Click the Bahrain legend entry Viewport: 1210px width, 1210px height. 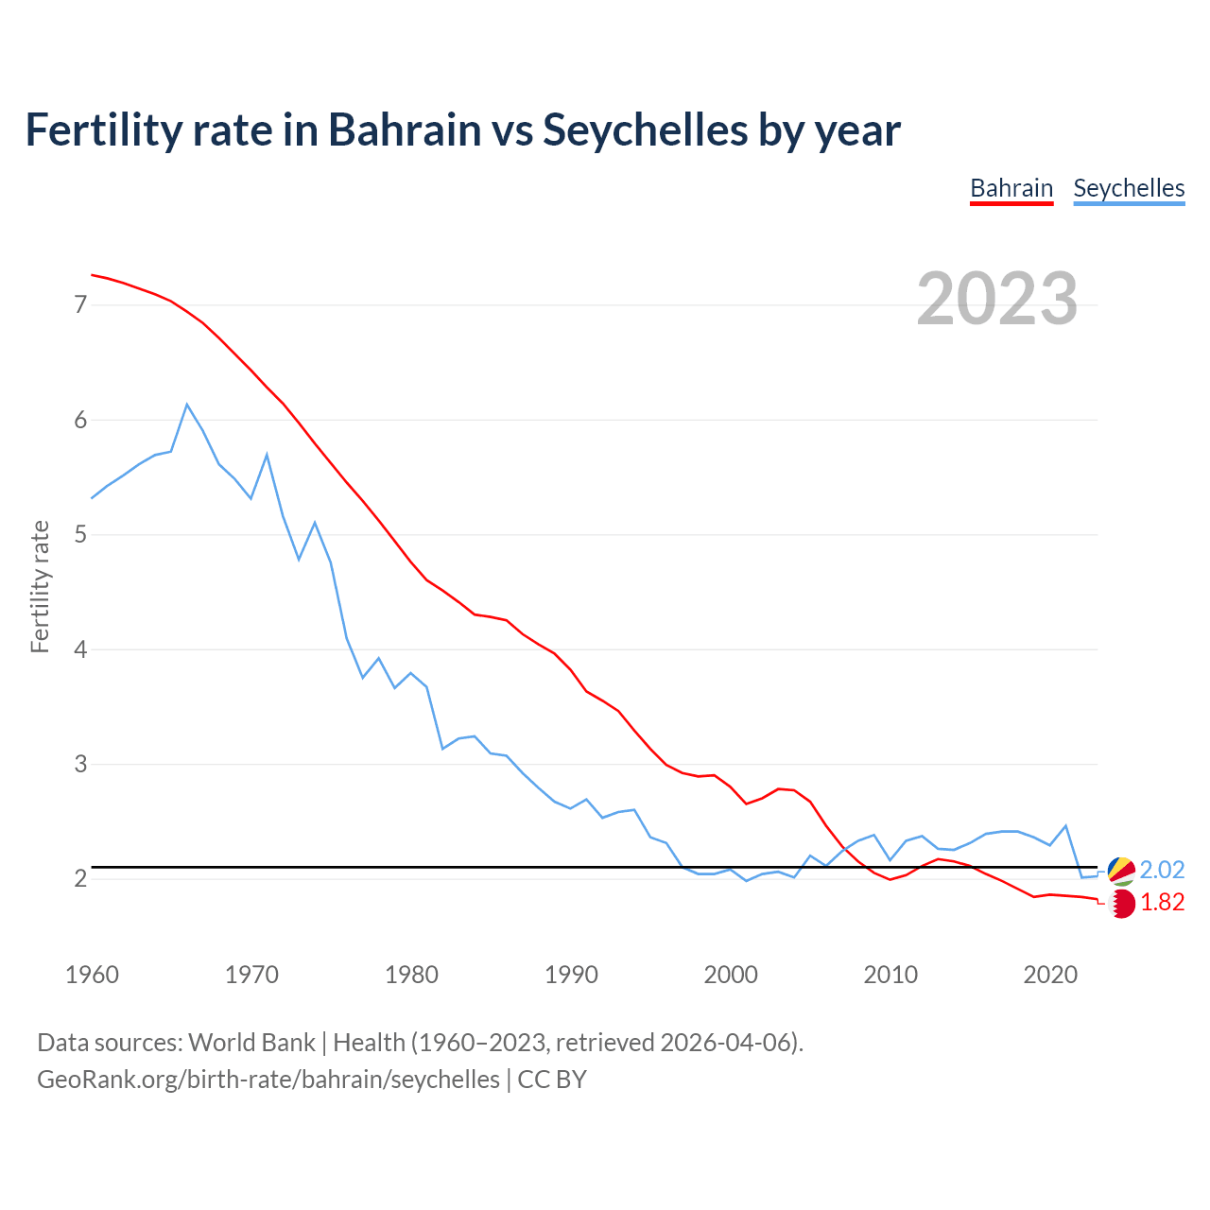click(1011, 188)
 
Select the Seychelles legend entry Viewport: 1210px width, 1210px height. click(1129, 188)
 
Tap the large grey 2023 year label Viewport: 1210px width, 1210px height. click(997, 299)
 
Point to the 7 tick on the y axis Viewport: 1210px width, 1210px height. click(80, 304)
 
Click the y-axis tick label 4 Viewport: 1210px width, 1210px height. click(80, 649)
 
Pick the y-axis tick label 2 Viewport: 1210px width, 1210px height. click(80, 879)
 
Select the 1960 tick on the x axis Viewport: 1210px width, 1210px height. click(92, 975)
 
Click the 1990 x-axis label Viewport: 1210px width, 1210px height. click(571, 975)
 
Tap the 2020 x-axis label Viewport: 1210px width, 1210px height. click(1050, 975)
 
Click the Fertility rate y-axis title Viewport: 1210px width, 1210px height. click(40, 586)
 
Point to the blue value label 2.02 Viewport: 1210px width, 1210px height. click(1162, 870)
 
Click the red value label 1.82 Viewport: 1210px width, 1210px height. click(1162, 903)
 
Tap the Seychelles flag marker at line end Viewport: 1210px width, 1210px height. click(1121, 871)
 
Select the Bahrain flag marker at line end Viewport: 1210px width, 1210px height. click(1121, 904)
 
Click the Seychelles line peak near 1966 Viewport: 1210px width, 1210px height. click(187, 405)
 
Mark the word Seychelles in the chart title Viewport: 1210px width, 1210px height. click(645, 130)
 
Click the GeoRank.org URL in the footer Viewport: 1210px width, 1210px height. click(268, 1080)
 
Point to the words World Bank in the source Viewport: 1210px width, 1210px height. click(251, 1043)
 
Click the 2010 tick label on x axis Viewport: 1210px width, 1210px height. click(890, 975)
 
